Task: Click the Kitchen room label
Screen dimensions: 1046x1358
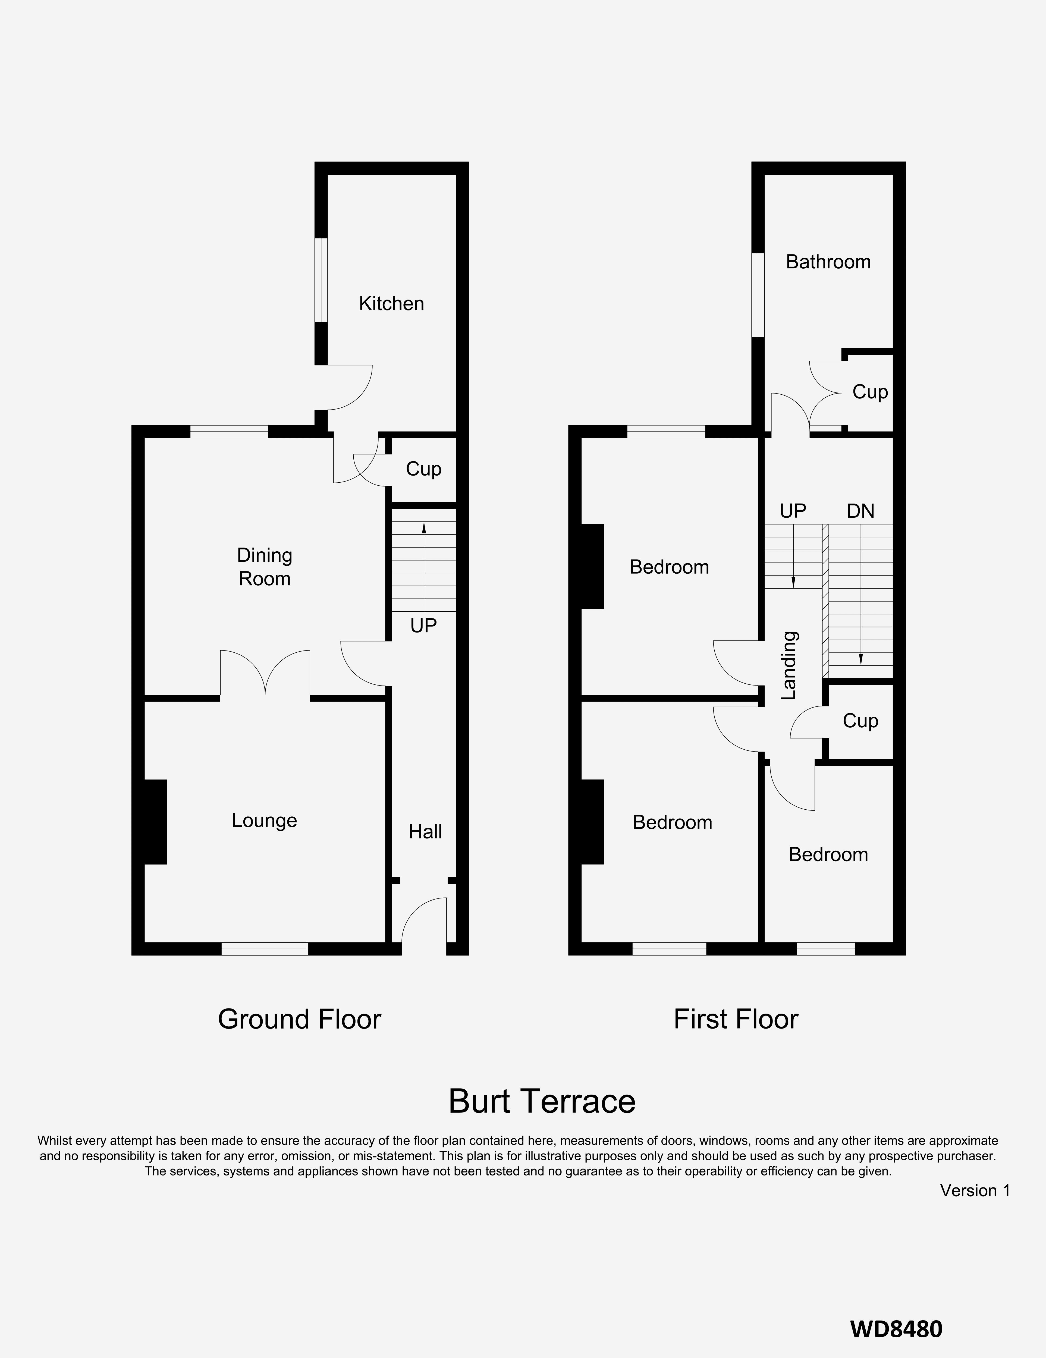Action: click(x=391, y=303)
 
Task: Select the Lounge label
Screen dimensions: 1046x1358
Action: click(x=264, y=821)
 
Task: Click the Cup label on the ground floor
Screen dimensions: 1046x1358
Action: click(x=423, y=469)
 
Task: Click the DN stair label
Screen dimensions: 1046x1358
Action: click(x=861, y=511)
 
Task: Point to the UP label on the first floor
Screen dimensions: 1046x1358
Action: click(x=793, y=511)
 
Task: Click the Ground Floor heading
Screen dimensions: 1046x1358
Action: click(x=299, y=1019)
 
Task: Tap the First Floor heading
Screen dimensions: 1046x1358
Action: click(x=736, y=1019)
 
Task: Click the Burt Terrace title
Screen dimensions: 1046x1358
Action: click(x=542, y=1101)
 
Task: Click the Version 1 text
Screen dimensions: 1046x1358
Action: click(x=975, y=1190)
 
